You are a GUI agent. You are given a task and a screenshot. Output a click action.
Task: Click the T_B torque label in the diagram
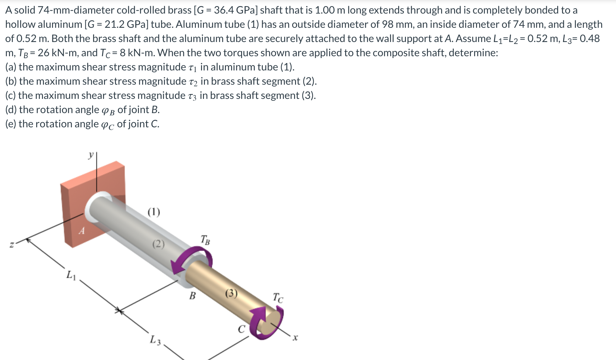[x=205, y=240]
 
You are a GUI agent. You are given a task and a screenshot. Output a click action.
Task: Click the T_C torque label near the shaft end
[x=278, y=297]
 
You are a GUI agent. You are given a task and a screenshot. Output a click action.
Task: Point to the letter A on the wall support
[x=82, y=231]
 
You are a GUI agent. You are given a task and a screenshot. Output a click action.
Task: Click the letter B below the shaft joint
[x=192, y=295]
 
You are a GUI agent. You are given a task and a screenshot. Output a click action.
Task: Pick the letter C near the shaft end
[x=241, y=329]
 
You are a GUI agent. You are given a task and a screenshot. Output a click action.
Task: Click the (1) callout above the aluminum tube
[x=154, y=212]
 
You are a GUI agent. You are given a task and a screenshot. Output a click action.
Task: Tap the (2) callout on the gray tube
[x=158, y=244]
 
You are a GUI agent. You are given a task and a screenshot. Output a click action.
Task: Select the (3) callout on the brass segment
[x=231, y=293]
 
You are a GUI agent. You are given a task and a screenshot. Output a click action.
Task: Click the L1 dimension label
[x=71, y=275]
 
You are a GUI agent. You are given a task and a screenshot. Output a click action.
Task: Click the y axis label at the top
[x=91, y=155]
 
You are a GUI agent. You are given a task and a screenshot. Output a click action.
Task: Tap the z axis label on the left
[x=12, y=245]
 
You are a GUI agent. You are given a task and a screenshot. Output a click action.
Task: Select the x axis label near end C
[x=294, y=338]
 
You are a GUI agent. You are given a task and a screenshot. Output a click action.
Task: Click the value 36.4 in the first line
[x=224, y=10]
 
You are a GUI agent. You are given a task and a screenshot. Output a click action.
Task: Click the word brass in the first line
[x=180, y=10]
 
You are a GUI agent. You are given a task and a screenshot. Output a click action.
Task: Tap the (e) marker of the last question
[x=11, y=124]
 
